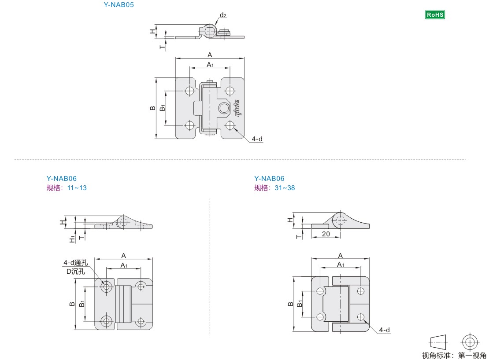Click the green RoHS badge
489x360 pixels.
(x=435, y=15)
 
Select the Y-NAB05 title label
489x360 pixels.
(x=119, y=5)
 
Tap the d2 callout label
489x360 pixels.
(x=223, y=15)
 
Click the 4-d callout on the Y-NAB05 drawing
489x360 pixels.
(x=257, y=139)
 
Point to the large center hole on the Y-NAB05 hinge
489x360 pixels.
(x=224, y=108)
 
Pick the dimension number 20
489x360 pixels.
(x=326, y=234)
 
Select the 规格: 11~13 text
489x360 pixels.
(x=67, y=188)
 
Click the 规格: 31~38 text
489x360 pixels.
(x=274, y=188)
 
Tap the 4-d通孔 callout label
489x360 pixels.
(x=75, y=263)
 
